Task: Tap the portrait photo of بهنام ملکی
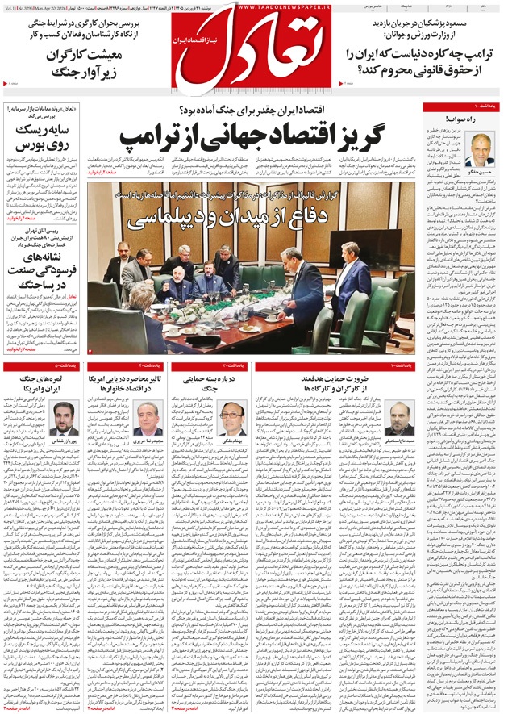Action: tap(232, 418)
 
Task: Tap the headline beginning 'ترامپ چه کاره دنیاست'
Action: tap(414, 62)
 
